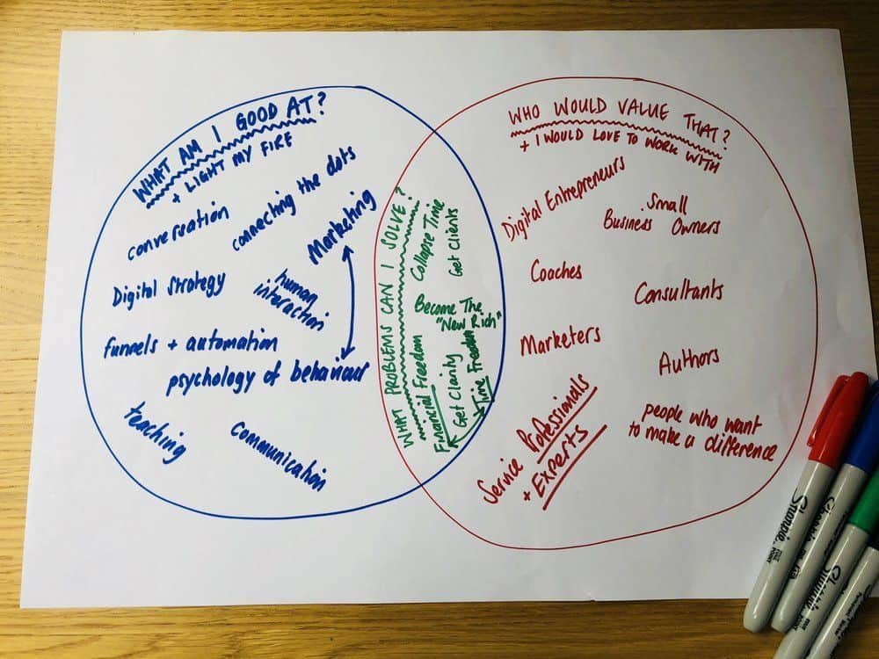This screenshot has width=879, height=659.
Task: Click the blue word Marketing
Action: [341, 226]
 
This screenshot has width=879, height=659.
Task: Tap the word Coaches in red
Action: [556, 272]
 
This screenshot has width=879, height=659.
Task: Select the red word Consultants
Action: [679, 292]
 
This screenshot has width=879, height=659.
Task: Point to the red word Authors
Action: [689, 361]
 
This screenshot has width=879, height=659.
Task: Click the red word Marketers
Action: [561, 339]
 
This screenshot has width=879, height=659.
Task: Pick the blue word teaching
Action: [154, 433]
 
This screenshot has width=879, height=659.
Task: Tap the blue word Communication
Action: [278, 455]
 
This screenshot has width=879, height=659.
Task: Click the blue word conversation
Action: [178, 231]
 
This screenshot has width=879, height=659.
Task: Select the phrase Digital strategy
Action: [168, 289]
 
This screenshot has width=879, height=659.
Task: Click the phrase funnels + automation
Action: [191, 344]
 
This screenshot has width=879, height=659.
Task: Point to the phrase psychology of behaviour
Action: [268, 377]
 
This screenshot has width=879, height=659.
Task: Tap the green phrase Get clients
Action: [454, 243]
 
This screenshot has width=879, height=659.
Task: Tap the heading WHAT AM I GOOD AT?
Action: [229, 149]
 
